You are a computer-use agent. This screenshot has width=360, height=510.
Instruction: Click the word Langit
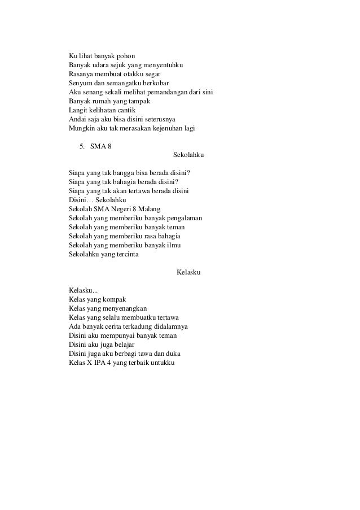click(x=78, y=111)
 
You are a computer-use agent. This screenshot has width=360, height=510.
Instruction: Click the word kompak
click(x=114, y=299)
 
